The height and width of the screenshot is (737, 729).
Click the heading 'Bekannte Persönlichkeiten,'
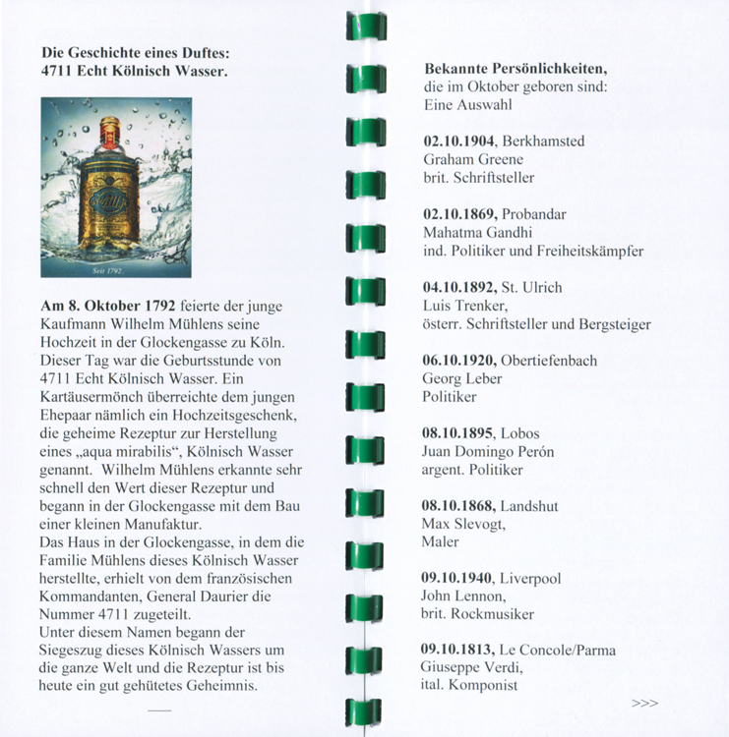tap(515, 69)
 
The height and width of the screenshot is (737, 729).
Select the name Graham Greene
tap(472, 159)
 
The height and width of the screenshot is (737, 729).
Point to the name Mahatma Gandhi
tap(477, 233)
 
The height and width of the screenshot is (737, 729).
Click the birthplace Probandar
tap(534, 214)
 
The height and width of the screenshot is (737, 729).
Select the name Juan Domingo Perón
tap(488, 452)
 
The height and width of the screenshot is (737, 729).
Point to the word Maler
tap(441, 541)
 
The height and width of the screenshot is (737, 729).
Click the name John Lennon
tap(463, 596)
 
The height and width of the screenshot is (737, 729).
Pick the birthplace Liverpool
tap(530, 579)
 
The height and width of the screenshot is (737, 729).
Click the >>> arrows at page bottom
tap(644, 704)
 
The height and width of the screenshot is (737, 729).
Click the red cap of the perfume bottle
tap(109, 127)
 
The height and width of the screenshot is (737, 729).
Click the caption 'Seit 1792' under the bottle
tap(105, 268)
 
